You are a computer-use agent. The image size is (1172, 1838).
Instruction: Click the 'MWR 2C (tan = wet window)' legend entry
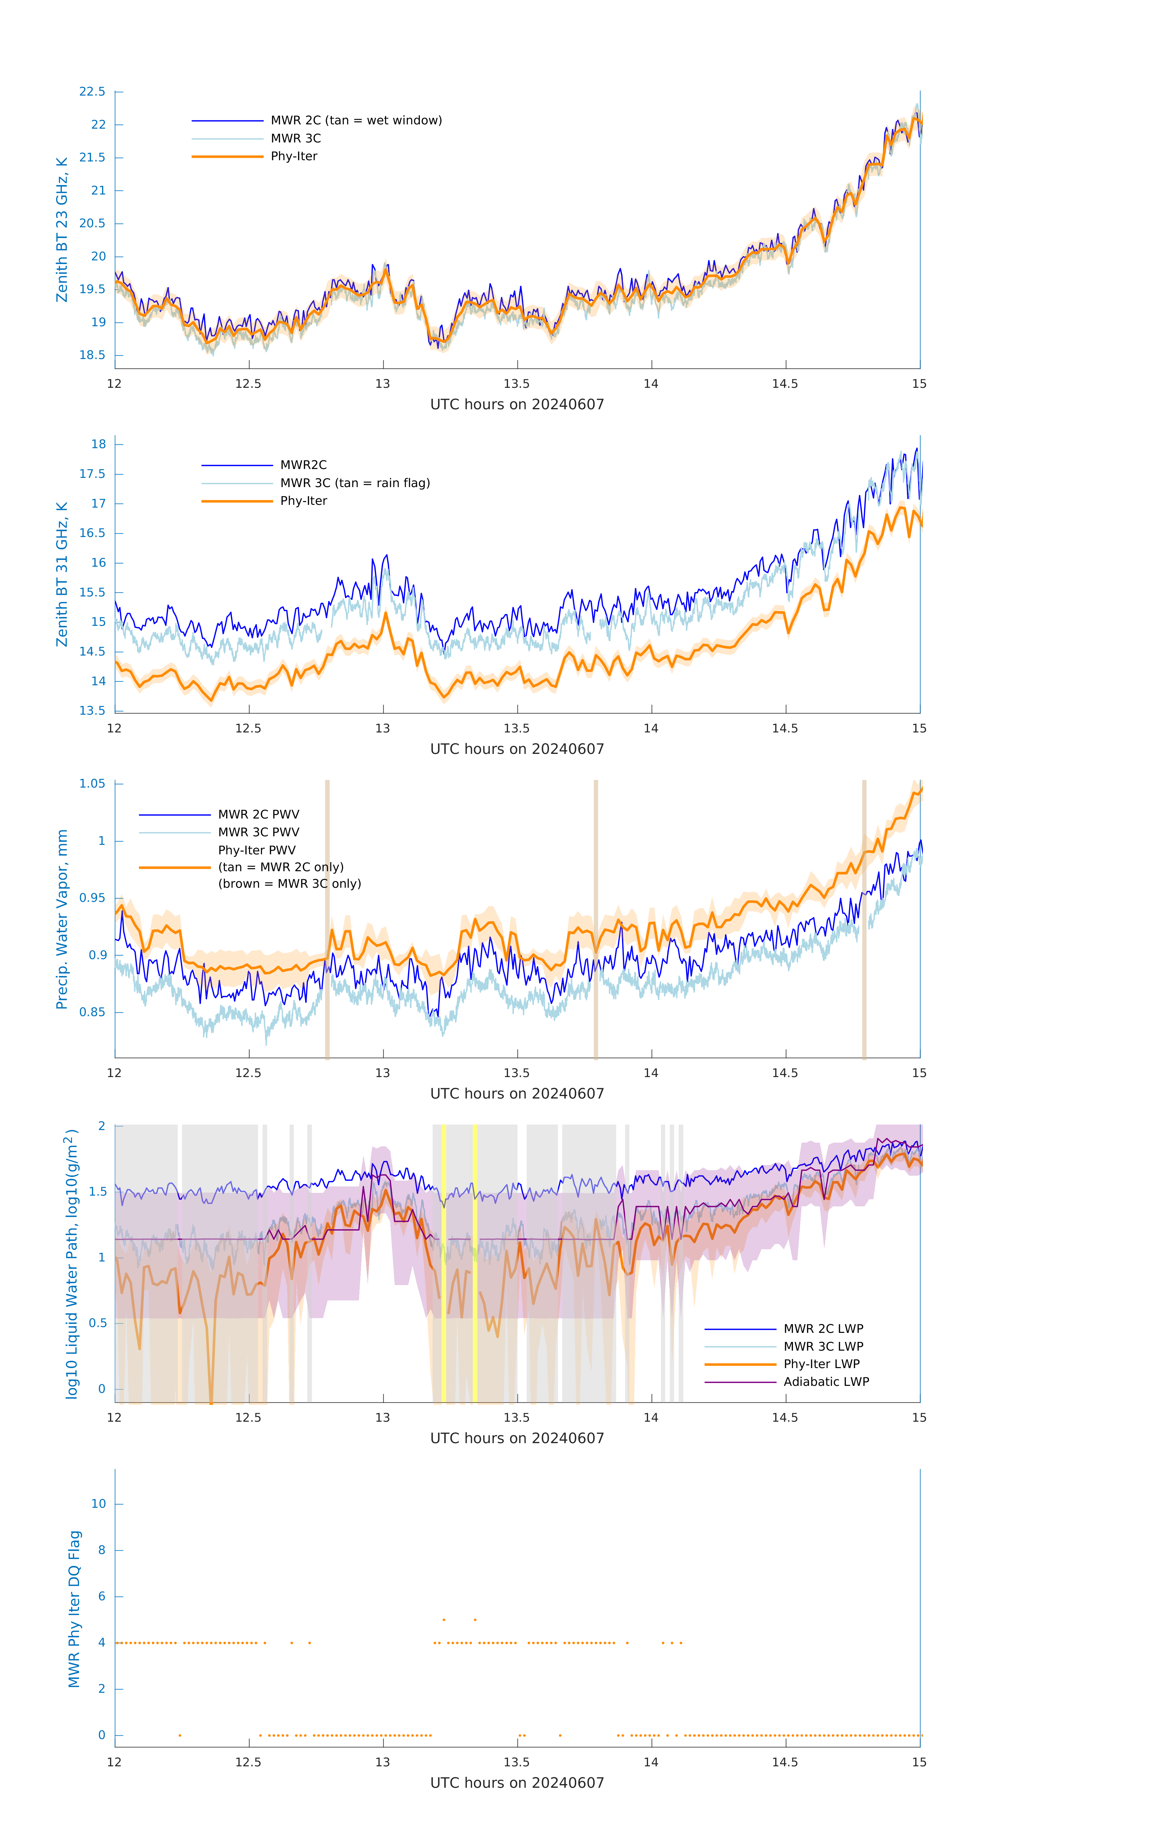click(356, 121)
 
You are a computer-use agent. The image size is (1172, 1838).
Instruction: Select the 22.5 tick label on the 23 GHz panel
click(93, 92)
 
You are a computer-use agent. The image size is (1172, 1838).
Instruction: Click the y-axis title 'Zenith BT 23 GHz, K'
click(62, 230)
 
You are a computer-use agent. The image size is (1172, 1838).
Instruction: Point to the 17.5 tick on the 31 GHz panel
click(93, 474)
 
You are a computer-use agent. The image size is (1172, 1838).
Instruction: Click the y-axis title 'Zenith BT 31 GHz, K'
click(62, 575)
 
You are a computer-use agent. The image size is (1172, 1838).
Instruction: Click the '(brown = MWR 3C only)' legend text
click(289, 884)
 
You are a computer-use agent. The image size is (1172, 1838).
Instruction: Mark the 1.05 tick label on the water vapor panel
click(93, 784)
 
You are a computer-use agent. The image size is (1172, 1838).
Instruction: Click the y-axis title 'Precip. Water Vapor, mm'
click(62, 920)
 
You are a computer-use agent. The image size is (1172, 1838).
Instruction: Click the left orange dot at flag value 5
click(444, 1620)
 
